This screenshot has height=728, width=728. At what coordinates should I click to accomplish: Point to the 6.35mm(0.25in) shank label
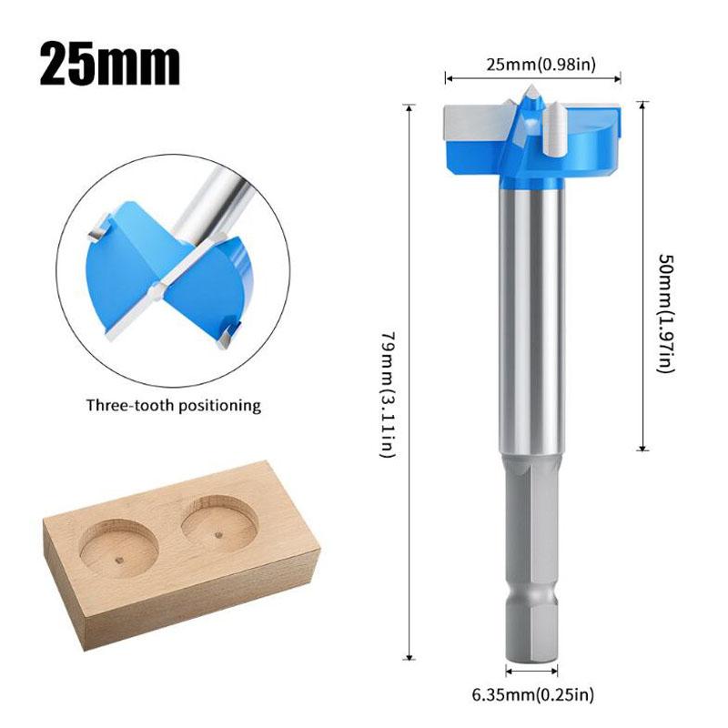[534, 696]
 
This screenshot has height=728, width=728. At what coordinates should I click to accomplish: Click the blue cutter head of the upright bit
[582, 150]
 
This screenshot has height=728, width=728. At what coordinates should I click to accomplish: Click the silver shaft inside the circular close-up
[219, 197]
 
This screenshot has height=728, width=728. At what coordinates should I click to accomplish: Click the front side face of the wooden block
[182, 605]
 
